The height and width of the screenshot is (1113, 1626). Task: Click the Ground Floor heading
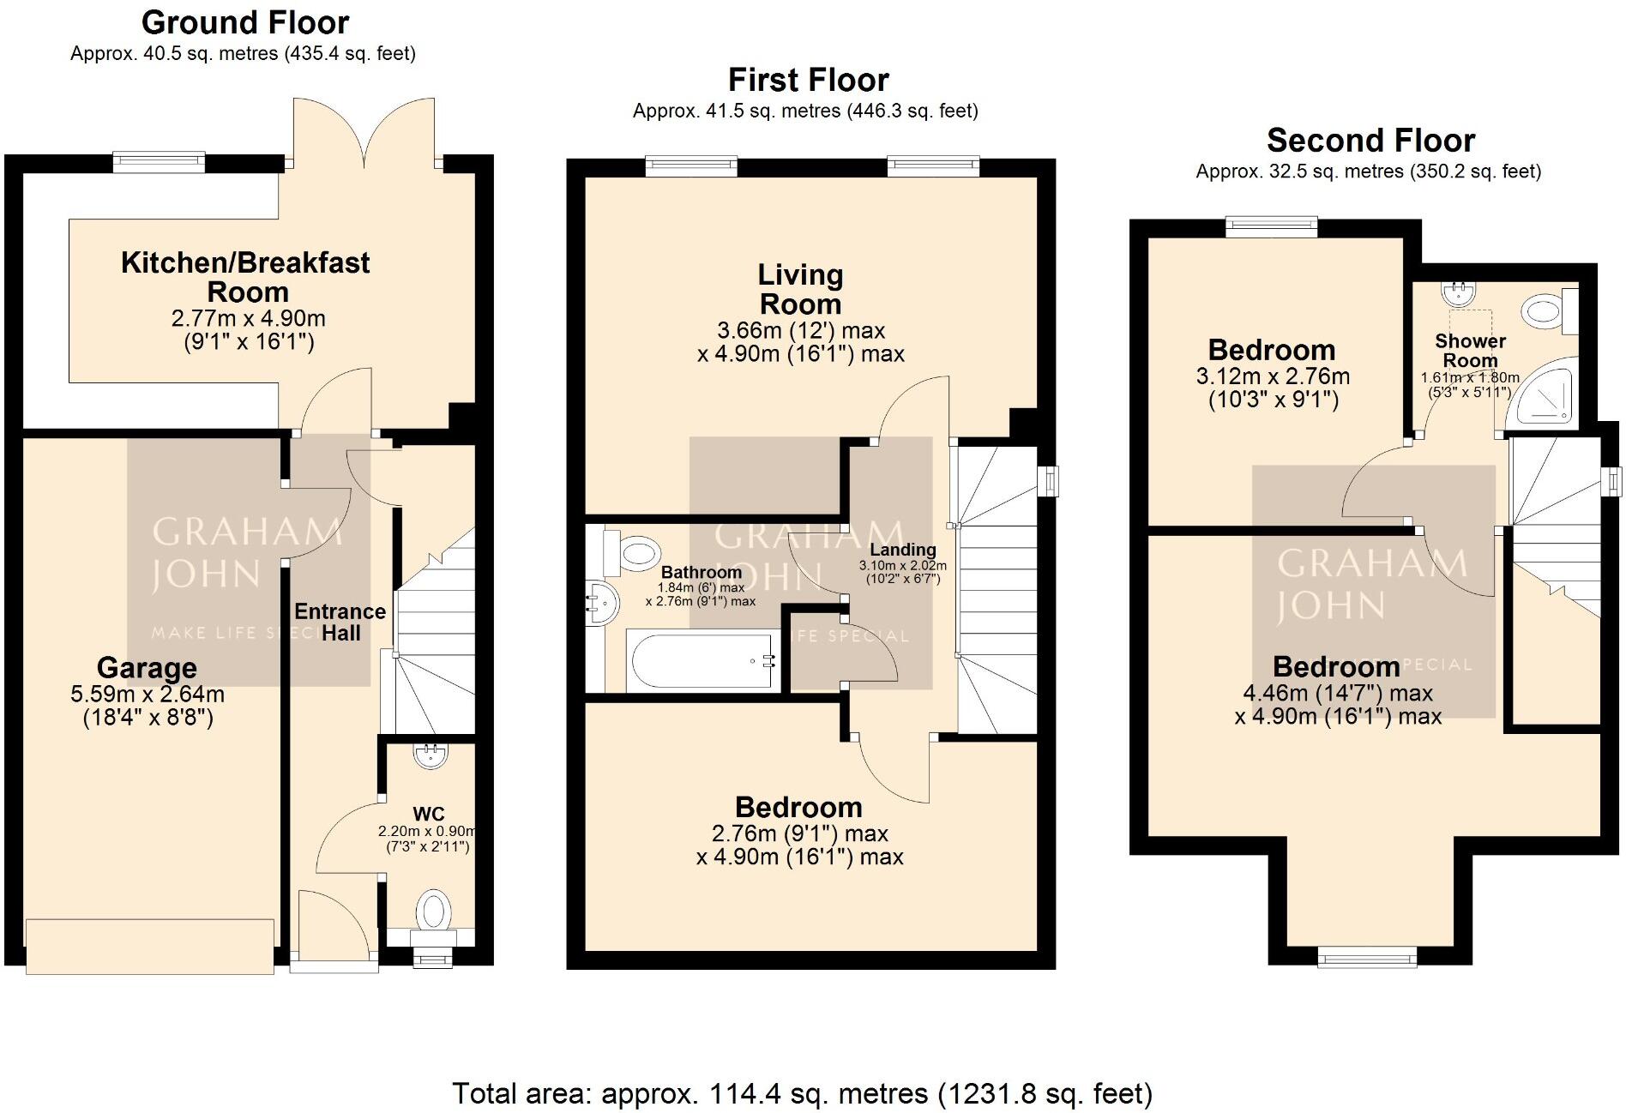245,22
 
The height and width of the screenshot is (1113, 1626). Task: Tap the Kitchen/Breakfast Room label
245,276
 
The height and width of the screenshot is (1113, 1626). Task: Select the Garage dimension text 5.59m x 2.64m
148,694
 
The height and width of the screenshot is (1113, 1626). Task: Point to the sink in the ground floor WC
429,755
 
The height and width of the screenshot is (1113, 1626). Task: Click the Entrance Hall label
340,622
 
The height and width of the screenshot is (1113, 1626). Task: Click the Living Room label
800,289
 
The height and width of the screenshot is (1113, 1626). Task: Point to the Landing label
902,550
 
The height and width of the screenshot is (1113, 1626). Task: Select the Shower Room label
1470,350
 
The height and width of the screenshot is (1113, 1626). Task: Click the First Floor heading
808,80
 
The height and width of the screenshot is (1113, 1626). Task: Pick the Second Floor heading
1370,140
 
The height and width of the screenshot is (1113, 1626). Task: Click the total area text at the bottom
802,1093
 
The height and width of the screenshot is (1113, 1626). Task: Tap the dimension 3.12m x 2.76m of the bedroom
1273,376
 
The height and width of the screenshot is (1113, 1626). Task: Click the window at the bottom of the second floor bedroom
1367,956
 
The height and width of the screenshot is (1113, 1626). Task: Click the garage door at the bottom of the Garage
150,946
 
